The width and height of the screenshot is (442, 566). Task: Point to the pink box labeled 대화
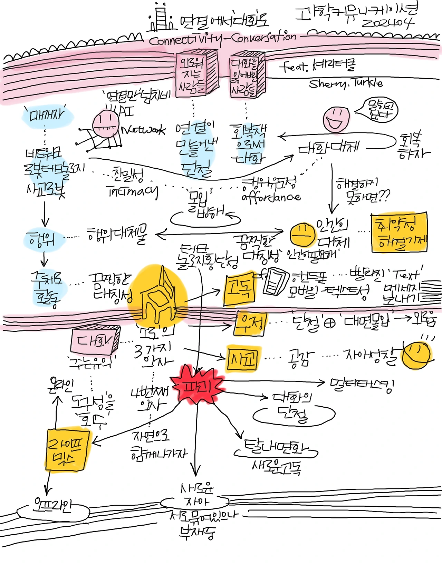click(94, 341)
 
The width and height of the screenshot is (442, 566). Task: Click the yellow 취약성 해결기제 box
click(400, 232)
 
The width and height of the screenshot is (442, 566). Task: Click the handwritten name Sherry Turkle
click(345, 83)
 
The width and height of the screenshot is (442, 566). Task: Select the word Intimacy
click(133, 191)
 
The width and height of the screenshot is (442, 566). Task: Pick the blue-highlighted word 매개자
click(47, 115)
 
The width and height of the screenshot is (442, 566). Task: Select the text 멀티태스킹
click(362, 384)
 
